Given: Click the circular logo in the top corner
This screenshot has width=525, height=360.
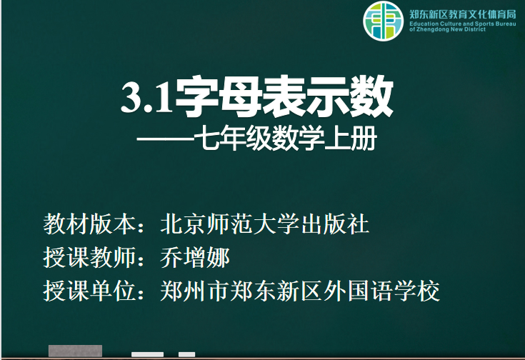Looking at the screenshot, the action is [x=384, y=21].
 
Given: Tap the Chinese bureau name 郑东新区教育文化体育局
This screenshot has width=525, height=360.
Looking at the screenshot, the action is [x=463, y=14].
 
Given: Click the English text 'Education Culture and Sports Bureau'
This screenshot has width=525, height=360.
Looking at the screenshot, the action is [x=463, y=24].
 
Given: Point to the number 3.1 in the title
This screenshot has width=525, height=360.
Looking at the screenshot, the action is [x=146, y=98].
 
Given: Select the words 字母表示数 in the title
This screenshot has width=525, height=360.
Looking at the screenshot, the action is [x=284, y=96].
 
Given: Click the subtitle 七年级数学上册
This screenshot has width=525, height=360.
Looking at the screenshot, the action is [x=286, y=138].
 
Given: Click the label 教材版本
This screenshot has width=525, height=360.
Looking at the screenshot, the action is [x=89, y=224].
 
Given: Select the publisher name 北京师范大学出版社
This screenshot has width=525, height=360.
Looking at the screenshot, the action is [x=265, y=224].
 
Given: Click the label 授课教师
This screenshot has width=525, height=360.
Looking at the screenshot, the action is [x=89, y=258].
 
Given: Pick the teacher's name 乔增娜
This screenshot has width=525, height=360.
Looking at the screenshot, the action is [x=195, y=258].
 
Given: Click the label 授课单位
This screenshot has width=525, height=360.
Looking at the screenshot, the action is [x=89, y=291].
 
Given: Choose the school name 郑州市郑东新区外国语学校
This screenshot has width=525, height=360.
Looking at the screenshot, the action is [x=300, y=291].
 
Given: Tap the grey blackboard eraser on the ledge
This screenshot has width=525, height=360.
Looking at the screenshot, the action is [x=75, y=351].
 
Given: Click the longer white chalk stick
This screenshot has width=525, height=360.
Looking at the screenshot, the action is [x=147, y=354].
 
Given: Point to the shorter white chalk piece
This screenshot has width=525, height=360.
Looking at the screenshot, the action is [x=187, y=354].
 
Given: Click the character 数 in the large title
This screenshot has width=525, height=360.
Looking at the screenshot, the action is [x=371, y=96].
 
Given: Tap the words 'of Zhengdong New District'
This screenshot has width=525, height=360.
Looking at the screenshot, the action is [x=447, y=29].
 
